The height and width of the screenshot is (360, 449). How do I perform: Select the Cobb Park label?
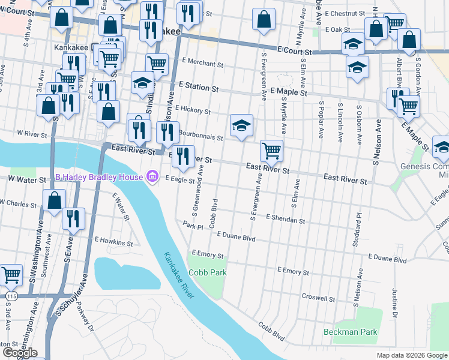coord(208,272)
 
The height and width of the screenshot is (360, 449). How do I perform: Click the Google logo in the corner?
coord(20,353)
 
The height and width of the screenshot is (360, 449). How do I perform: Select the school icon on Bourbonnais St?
coord(241,126)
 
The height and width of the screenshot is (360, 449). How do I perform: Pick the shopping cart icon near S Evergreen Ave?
coord(272,151)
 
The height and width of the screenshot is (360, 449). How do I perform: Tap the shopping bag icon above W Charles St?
coord(54,201)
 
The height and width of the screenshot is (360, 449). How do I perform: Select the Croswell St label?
coord(318,298)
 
